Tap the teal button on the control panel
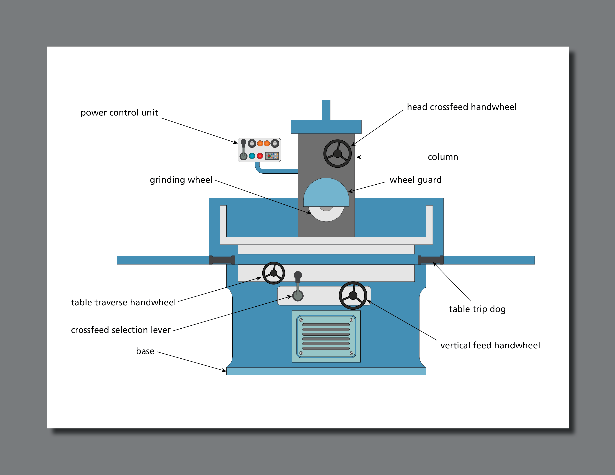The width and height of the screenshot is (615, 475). [x=252, y=156]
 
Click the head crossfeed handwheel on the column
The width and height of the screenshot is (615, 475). [x=337, y=154]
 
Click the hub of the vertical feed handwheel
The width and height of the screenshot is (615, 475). [x=353, y=295]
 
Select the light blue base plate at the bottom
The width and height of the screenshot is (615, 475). [x=326, y=371]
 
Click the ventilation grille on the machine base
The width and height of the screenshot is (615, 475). [x=326, y=336]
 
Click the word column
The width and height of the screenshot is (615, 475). [x=443, y=157]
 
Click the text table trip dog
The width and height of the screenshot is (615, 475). [x=477, y=309]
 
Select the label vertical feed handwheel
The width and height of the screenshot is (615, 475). [x=490, y=345]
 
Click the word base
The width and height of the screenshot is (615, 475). [x=145, y=351]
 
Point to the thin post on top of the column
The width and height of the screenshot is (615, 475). [x=326, y=110]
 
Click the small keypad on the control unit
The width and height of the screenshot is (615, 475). [x=272, y=156]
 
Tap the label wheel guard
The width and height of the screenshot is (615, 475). [x=415, y=180]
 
